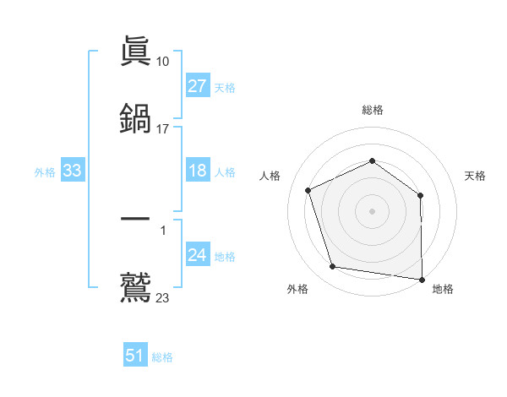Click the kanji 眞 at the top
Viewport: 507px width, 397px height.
pos(135,52)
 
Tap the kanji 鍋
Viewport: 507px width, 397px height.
pos(135,119)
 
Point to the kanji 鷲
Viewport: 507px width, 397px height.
pos(135,286)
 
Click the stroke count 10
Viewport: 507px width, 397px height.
pos(163,61)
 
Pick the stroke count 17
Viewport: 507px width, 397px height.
pos(163,128)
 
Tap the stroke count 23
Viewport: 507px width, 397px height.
pos(163,296)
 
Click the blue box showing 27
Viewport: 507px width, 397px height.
pos(198,86)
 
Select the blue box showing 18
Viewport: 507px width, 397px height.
pos(198,171)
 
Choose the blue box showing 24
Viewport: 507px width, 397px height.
pos(198,255)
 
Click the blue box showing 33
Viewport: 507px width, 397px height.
pos(73,171)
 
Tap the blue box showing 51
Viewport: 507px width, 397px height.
pos(135,356)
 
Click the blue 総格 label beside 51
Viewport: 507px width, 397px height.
pos(162,357)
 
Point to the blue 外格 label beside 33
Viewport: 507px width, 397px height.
pos(45,172)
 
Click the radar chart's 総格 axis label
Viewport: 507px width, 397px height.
pos(373,111)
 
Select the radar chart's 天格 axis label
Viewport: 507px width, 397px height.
pos(476,176)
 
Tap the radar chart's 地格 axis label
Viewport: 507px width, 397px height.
pos(443,290)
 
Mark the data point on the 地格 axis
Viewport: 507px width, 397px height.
pos(422,279)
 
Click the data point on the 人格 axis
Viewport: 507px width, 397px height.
pos(308,190)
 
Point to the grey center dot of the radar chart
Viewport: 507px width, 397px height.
pos(373,210)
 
